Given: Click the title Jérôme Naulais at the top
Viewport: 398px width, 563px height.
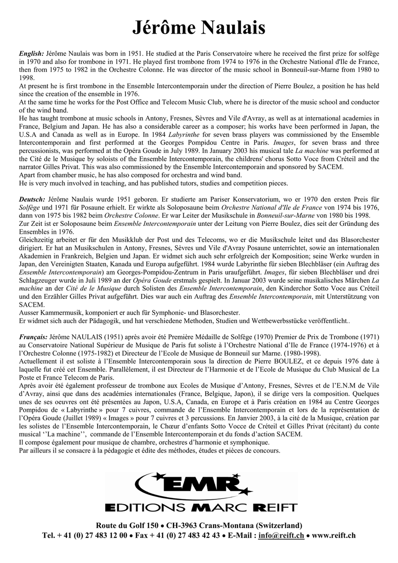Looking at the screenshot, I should (x=199, y=27).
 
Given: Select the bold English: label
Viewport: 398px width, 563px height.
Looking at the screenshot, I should (x=31, y=53).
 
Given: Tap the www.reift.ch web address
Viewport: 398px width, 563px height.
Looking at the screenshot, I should (x=334, y=536).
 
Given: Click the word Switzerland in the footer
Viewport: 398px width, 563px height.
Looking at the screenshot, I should (x=279, y=526).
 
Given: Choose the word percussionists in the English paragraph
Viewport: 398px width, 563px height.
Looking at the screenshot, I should (x=39, y=151).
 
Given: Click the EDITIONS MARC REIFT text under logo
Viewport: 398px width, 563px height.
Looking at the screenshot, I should (x=201, y=507).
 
